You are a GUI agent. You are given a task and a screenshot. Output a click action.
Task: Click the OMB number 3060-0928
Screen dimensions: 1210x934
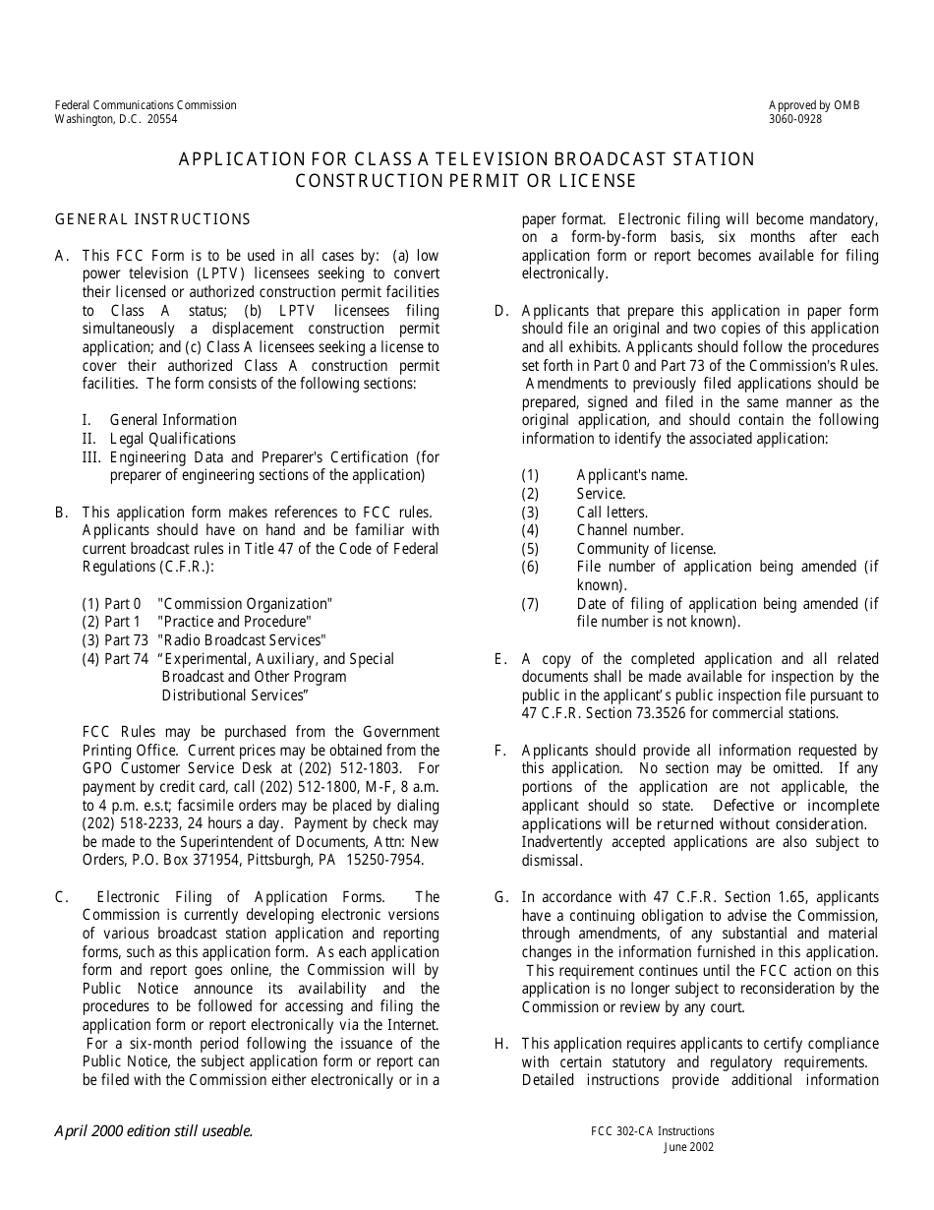coord(795,119)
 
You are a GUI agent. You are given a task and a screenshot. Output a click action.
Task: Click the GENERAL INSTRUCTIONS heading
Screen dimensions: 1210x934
coord(152,219)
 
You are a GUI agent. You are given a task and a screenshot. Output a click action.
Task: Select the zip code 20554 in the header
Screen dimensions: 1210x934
coord(162,119)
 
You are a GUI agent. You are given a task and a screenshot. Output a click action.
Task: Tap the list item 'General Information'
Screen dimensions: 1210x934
coord(173,420)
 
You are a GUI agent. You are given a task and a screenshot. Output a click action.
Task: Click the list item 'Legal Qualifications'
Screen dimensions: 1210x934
coord(172,439)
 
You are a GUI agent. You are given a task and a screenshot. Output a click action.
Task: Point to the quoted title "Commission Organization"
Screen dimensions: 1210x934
coord(245,604)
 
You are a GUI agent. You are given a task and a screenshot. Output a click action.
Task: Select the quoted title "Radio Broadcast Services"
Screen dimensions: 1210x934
coord(242,640)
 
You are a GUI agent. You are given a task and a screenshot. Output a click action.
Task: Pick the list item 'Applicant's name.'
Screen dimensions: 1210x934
coord(632,475)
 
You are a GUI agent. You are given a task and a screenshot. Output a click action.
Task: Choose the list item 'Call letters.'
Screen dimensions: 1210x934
coord(613,513)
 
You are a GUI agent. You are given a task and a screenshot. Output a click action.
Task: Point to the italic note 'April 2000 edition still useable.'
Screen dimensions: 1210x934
coord(153,1130)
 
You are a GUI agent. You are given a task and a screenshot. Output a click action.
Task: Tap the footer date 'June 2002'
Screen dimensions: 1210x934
coord(688,1147)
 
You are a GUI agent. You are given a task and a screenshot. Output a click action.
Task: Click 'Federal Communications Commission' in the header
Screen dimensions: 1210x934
coord(146,105)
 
